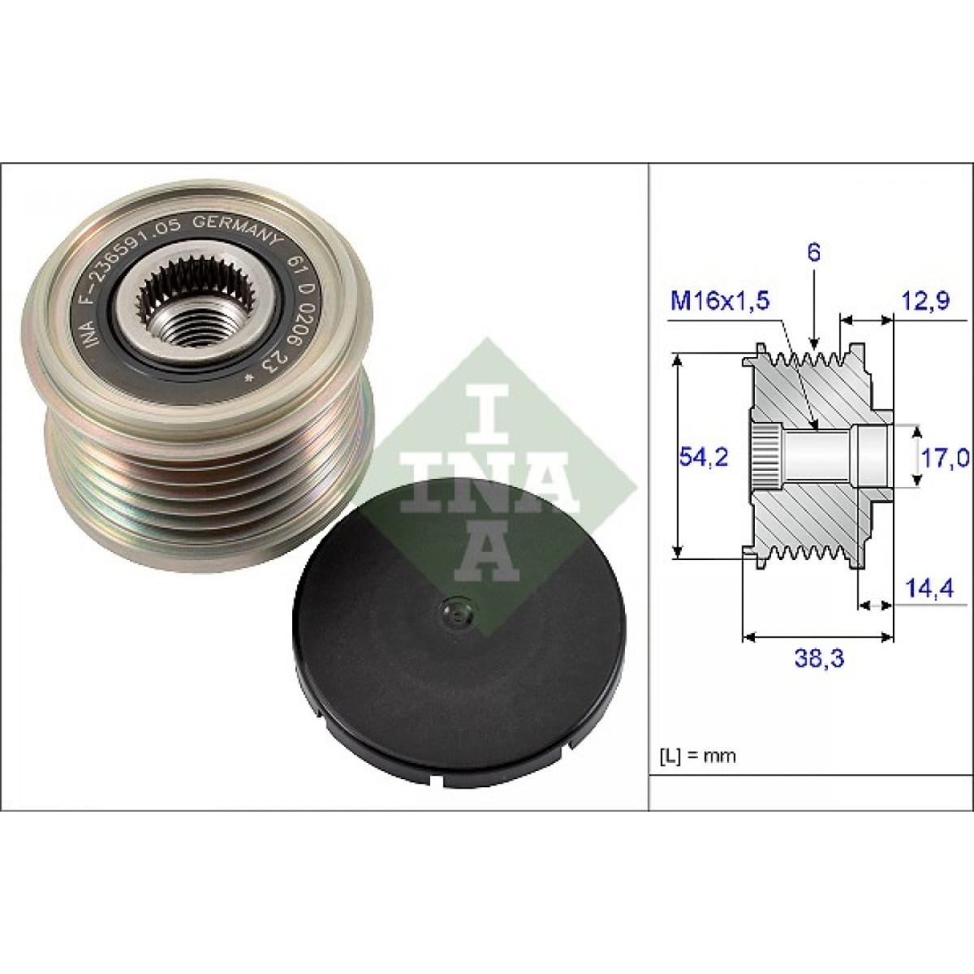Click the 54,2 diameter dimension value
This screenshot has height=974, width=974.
(702, 457)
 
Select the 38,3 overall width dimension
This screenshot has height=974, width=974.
(817, 659)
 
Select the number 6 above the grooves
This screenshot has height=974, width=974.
(814, 253)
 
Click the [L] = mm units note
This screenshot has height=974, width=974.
(695, 756)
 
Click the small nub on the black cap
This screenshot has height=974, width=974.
(455, 613)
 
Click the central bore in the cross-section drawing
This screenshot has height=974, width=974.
(820, 456)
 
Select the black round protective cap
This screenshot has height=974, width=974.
(459, 633)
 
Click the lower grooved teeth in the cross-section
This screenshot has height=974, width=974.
(804, 555)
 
